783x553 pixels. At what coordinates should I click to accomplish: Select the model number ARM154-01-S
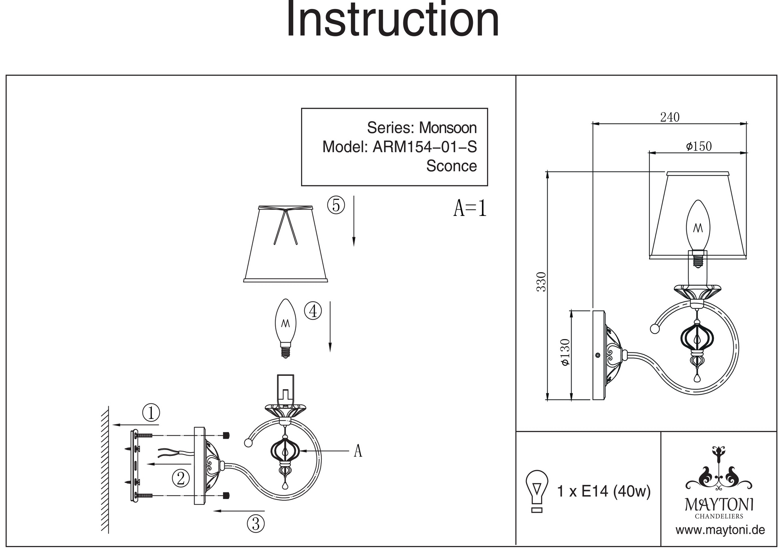pyautogui.click(x=424, y=147)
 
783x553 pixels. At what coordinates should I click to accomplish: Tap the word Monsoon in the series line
pyautogui.click(x=447, y=128)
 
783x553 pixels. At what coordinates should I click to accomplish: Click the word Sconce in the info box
pyautogui.click(x=451, y=166)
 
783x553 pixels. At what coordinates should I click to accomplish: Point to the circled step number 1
pyautogui.click(x=151, y=413)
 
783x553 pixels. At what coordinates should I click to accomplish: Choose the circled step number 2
pyautogui.click(x=180, y=478)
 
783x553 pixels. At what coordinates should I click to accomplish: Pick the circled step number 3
pyautogui.click(x=256, y=523)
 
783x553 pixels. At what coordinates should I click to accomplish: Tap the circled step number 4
pyautogui.click(x=313, y=311)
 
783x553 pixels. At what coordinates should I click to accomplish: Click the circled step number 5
pyautogui.click(x=336, y=205)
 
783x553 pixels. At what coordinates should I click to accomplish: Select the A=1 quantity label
pyautogui.click(x=470, y=208)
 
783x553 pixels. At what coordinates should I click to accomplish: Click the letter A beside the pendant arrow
pyautogui.click(x=357, y=451)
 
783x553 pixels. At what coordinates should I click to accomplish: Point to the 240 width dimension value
pyautogui.click(x=669, y=117)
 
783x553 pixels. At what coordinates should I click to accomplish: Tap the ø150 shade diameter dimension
pyautogui.click(x=698, y=146)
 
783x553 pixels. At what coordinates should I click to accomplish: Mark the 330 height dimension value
pyautogui.click(x=541, y=282)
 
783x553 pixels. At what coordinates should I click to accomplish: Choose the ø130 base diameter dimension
pyautogui.click(x=565, y=352)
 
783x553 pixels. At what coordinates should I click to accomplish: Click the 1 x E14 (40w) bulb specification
pyautogui.click(x=603, y=491)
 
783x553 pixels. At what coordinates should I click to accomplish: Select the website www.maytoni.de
pyautogui.click(x=720, y=530)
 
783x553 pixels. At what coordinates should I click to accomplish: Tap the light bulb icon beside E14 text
pyautogui.click(x=537, y=490)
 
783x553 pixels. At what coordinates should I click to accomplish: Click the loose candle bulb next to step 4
pyautogui.click(x=286, y=328)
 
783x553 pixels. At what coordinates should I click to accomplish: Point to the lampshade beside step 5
pyautogui.click(x=285, y=243)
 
